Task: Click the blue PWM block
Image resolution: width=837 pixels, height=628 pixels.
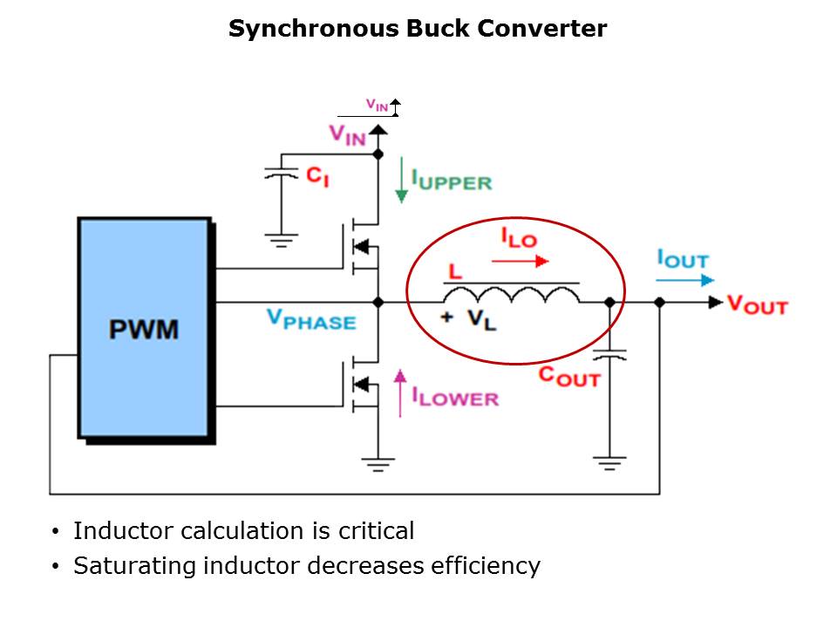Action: [144, 328]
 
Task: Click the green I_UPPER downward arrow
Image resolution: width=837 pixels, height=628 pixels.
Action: [400, 181]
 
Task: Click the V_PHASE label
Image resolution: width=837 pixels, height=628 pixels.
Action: [311, 320]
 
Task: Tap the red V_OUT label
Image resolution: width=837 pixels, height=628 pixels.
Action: [757, 305]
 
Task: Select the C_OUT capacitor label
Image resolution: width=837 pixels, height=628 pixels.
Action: [568, 377]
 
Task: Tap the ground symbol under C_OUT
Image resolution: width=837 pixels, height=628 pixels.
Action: [609, 461]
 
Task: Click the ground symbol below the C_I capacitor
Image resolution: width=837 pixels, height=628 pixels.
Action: [281, 237]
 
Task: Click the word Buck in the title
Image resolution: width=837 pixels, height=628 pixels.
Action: [438, 29]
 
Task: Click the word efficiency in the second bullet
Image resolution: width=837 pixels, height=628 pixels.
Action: [486, 566]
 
